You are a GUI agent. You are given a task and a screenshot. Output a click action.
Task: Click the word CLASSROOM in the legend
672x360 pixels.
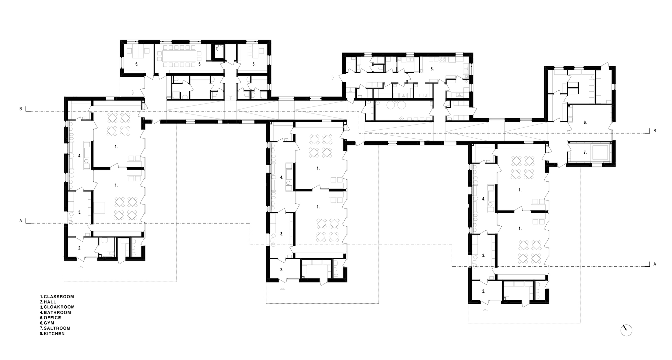coord(59,297)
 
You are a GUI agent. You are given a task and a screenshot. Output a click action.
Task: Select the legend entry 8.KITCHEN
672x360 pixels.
coord(52,334)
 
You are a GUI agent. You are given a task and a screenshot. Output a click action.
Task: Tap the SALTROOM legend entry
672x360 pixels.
coord(57,328)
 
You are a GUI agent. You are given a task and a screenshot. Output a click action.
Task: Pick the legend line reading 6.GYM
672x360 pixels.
coord(47,323)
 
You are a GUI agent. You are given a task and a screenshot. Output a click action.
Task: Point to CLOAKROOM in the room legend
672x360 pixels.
coord(59,307)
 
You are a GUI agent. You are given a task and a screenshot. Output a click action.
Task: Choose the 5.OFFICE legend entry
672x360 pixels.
coord(51,318)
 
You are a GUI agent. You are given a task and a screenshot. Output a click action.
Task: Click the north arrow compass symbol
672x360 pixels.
coord(626,330)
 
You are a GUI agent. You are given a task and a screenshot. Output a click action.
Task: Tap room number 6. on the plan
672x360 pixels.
coord(585,123)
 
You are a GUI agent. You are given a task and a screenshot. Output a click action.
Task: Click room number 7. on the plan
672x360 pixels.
coord(585,152)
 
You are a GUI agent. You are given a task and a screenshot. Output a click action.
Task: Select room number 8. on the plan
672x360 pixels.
coord(432,69)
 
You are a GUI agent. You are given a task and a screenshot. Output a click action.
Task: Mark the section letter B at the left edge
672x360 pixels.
coord(20,109)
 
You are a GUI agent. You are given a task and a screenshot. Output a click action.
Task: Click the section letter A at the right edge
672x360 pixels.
coord(655,264)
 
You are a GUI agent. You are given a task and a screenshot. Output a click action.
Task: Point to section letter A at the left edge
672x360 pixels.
coord(20,221)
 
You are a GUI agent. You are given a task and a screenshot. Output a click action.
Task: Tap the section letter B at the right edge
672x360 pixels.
coord(655,131)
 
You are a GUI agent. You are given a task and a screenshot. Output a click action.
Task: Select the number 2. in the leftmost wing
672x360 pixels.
coord(80,248)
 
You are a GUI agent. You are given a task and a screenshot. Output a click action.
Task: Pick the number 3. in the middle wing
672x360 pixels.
coord(282,234)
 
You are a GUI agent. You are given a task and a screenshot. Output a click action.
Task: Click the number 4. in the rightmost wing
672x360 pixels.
coord(484,199)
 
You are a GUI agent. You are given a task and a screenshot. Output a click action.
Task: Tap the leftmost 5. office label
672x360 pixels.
coord(137,64)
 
